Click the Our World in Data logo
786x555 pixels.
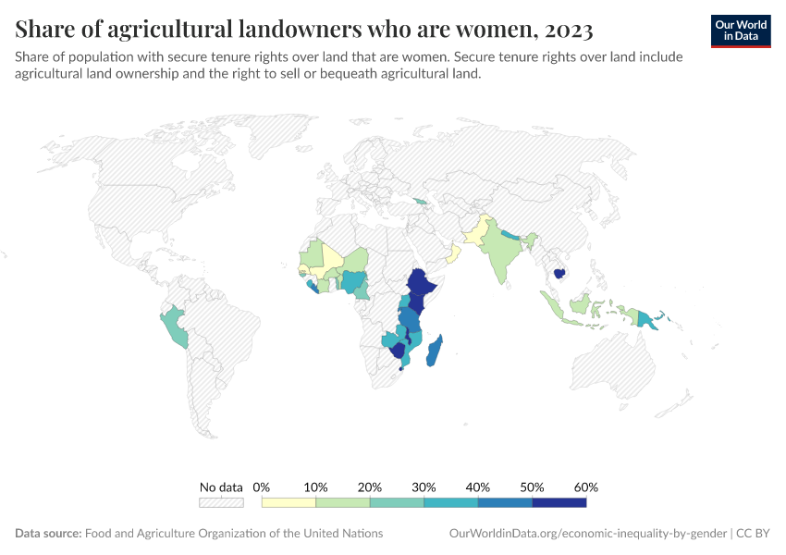(740, 30)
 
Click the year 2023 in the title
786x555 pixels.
(564, 30)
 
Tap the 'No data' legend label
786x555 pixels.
(221, 487)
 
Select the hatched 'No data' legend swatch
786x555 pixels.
(221, 502)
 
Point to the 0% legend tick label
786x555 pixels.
(262, 487)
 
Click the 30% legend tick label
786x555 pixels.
(424, 487)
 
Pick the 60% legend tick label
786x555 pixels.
(586, 487)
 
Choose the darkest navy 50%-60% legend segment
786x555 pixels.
(559, 502)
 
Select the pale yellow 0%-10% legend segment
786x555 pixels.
(289, 502)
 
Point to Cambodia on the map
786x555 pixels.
(559, 274)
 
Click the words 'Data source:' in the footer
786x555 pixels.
(48, 534)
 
